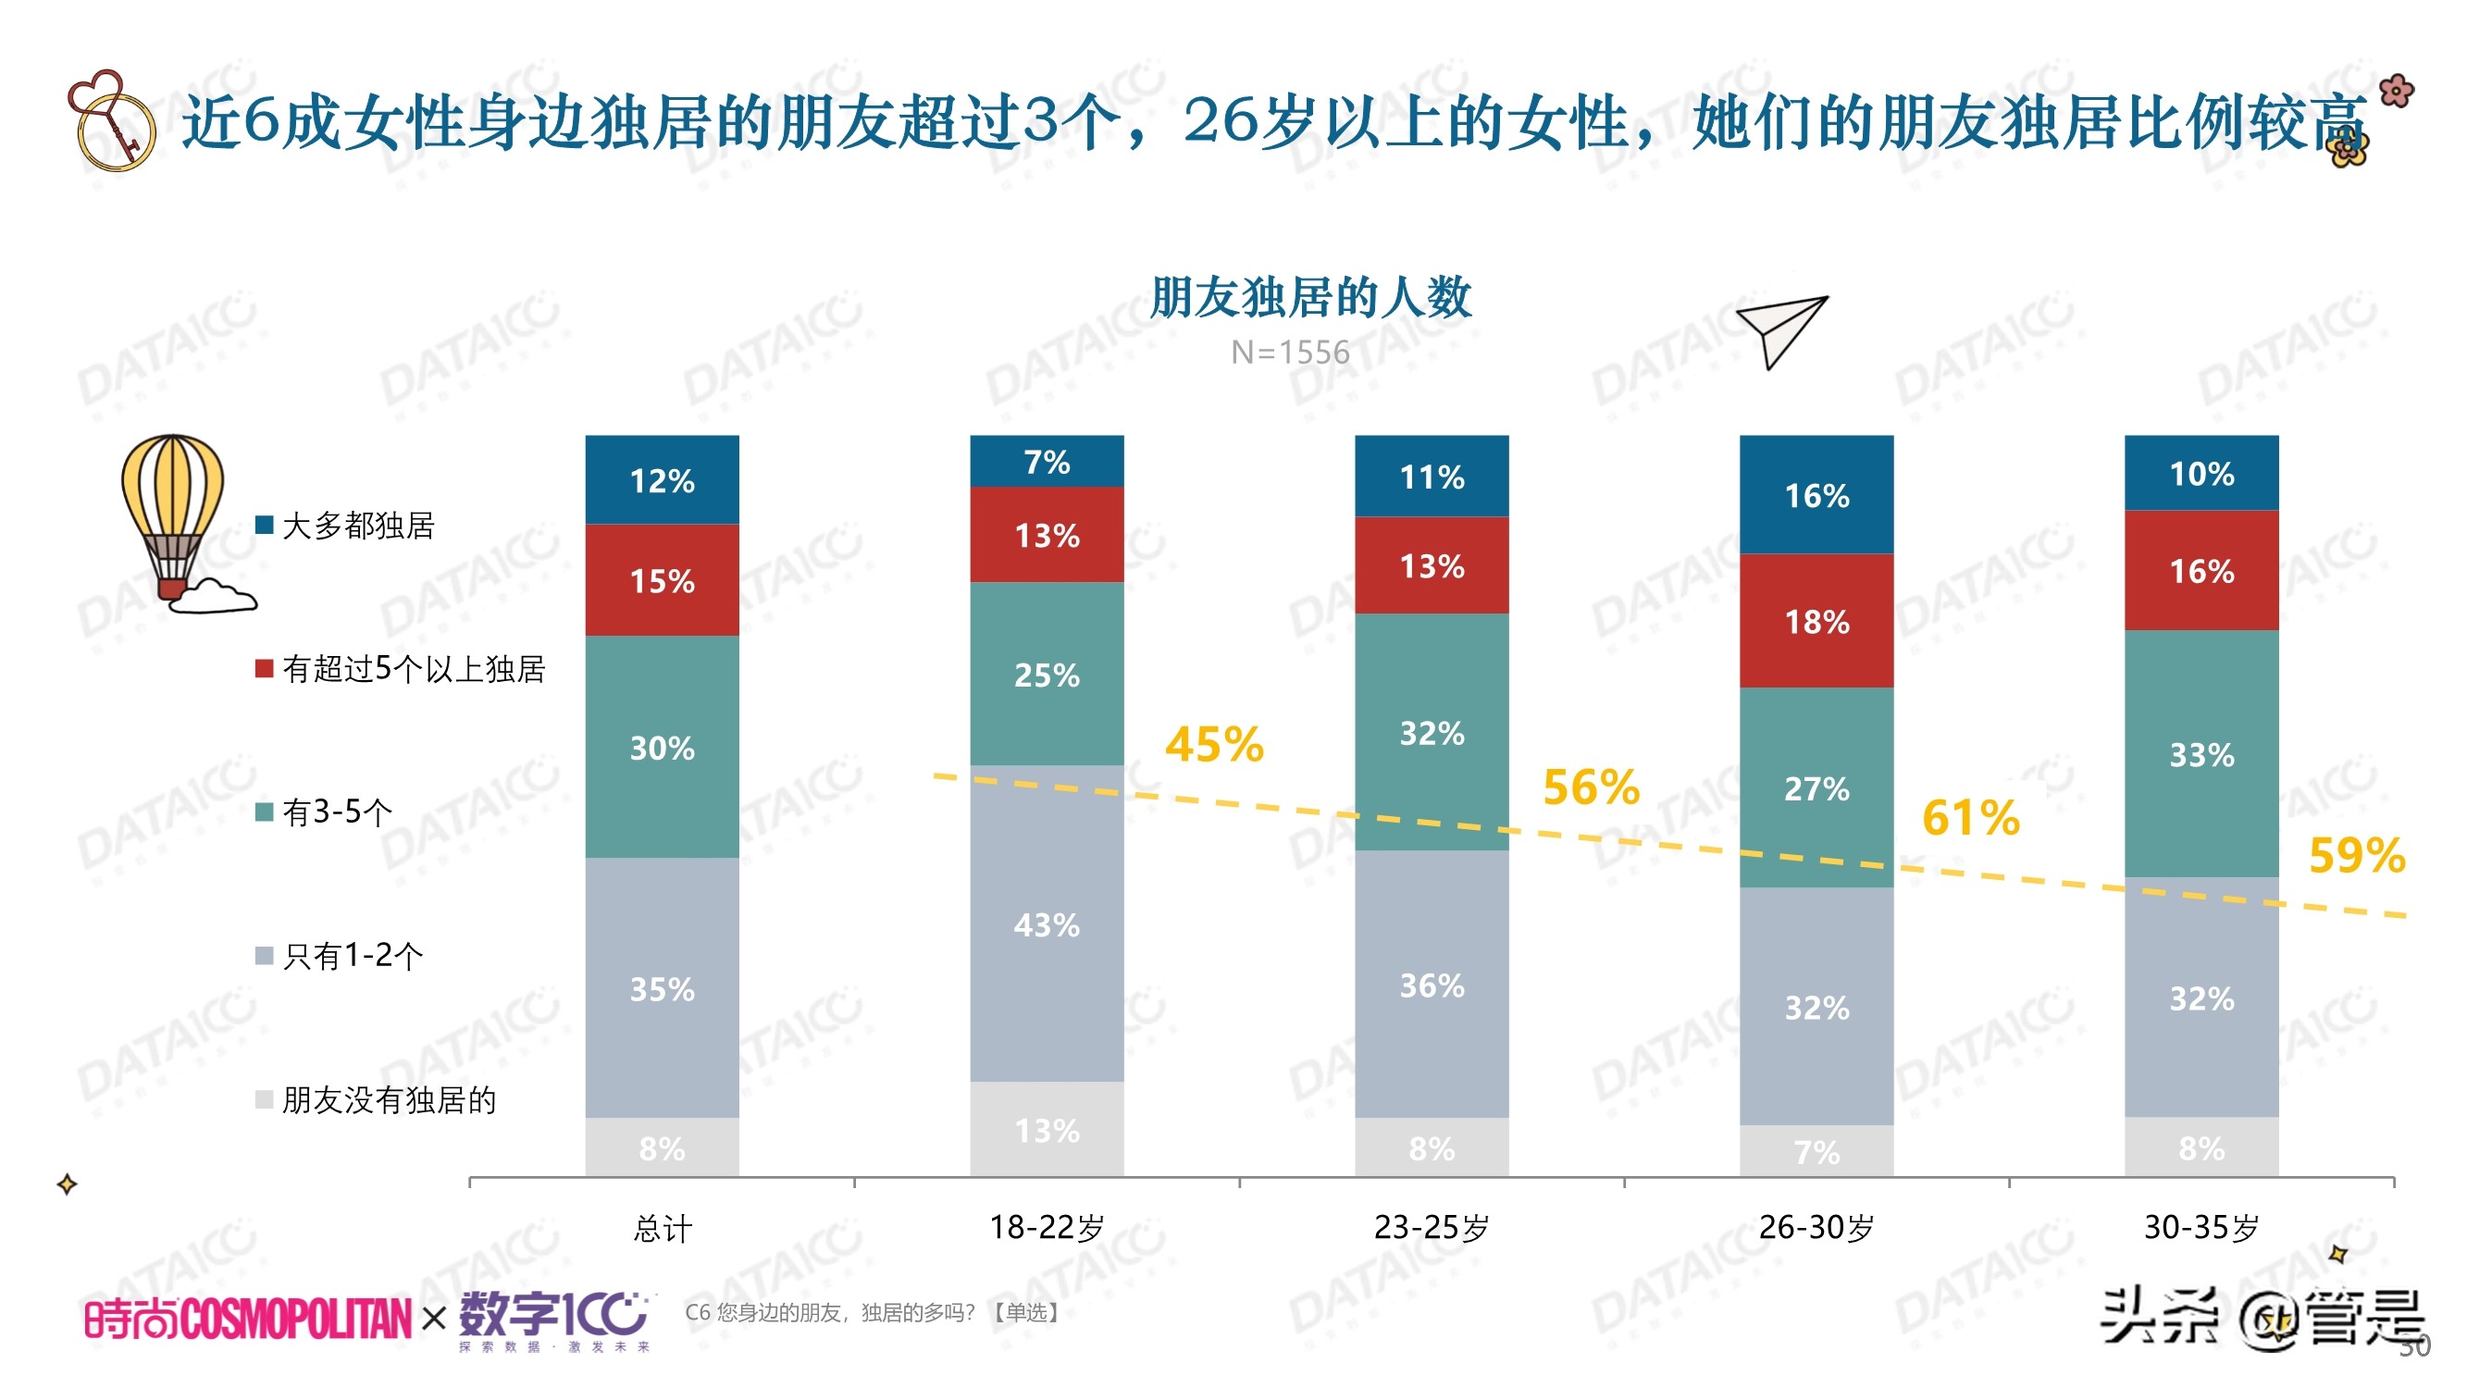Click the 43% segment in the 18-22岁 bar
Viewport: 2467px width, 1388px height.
point(1046,923)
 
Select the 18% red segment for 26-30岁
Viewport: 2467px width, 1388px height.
point(1816,621)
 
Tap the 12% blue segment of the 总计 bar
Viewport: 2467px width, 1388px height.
point(662,480)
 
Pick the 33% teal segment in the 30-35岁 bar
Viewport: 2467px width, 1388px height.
point(2200,754)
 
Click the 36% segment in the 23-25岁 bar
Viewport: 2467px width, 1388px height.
point(1431,984)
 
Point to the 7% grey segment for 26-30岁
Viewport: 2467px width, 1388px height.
point(1816,1150)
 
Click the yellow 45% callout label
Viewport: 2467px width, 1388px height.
point(1213,744)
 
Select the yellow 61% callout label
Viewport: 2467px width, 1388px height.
point(1970,817)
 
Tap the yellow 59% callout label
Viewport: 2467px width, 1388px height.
point(2356,854)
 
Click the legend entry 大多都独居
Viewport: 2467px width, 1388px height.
point(356,525)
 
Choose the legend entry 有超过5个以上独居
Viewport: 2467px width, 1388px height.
point(412,668)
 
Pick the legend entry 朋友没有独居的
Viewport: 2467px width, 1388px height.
point(388,1098)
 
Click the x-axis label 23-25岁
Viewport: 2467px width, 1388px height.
point(1431,1227)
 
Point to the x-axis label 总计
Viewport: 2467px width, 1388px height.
point(662,1228)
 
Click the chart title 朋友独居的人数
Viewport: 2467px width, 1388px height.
point(1310,296)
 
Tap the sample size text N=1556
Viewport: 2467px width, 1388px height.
point(1290,352)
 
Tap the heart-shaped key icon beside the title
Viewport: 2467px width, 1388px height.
point(110,120)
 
